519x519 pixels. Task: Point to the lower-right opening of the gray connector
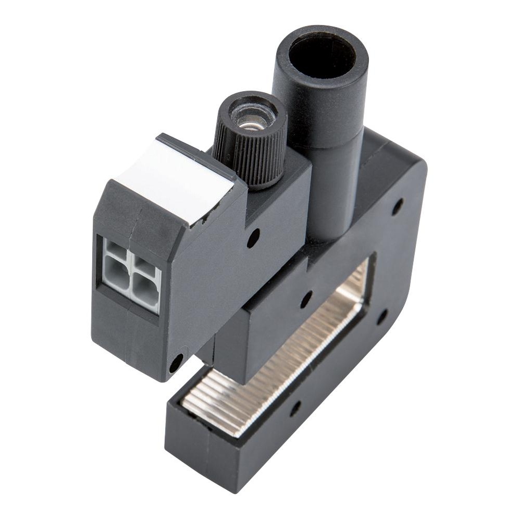click(x=142, y=295)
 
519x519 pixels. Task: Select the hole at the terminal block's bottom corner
click(x=176, y=362)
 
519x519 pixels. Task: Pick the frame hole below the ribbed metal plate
click(x=295, y=407)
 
